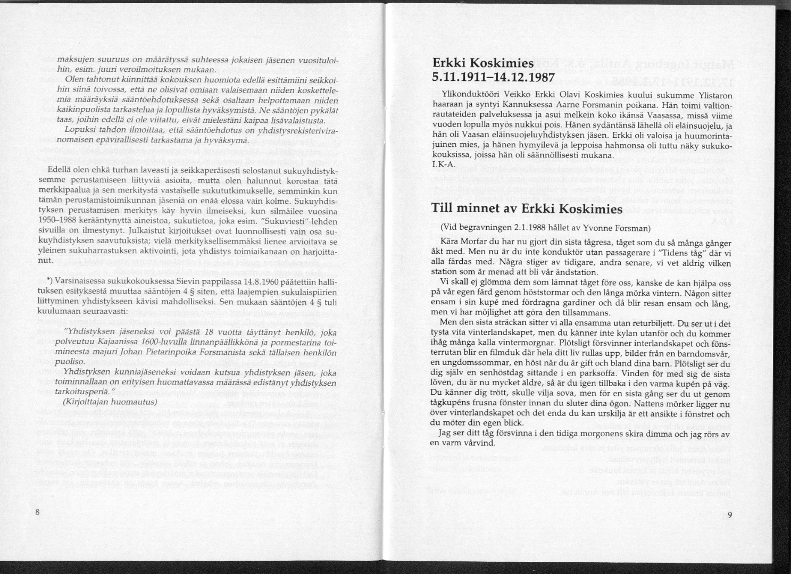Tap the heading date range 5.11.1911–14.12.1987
[x=494, y=77]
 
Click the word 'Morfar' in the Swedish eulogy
[x=475, y=240]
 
